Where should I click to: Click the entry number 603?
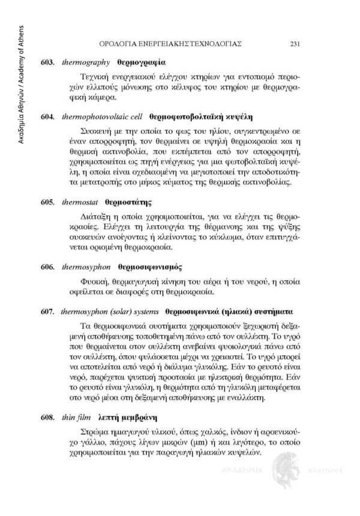tap(48, 62)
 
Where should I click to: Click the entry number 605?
tap(48, 202)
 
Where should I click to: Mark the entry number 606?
tap(48, 266)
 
